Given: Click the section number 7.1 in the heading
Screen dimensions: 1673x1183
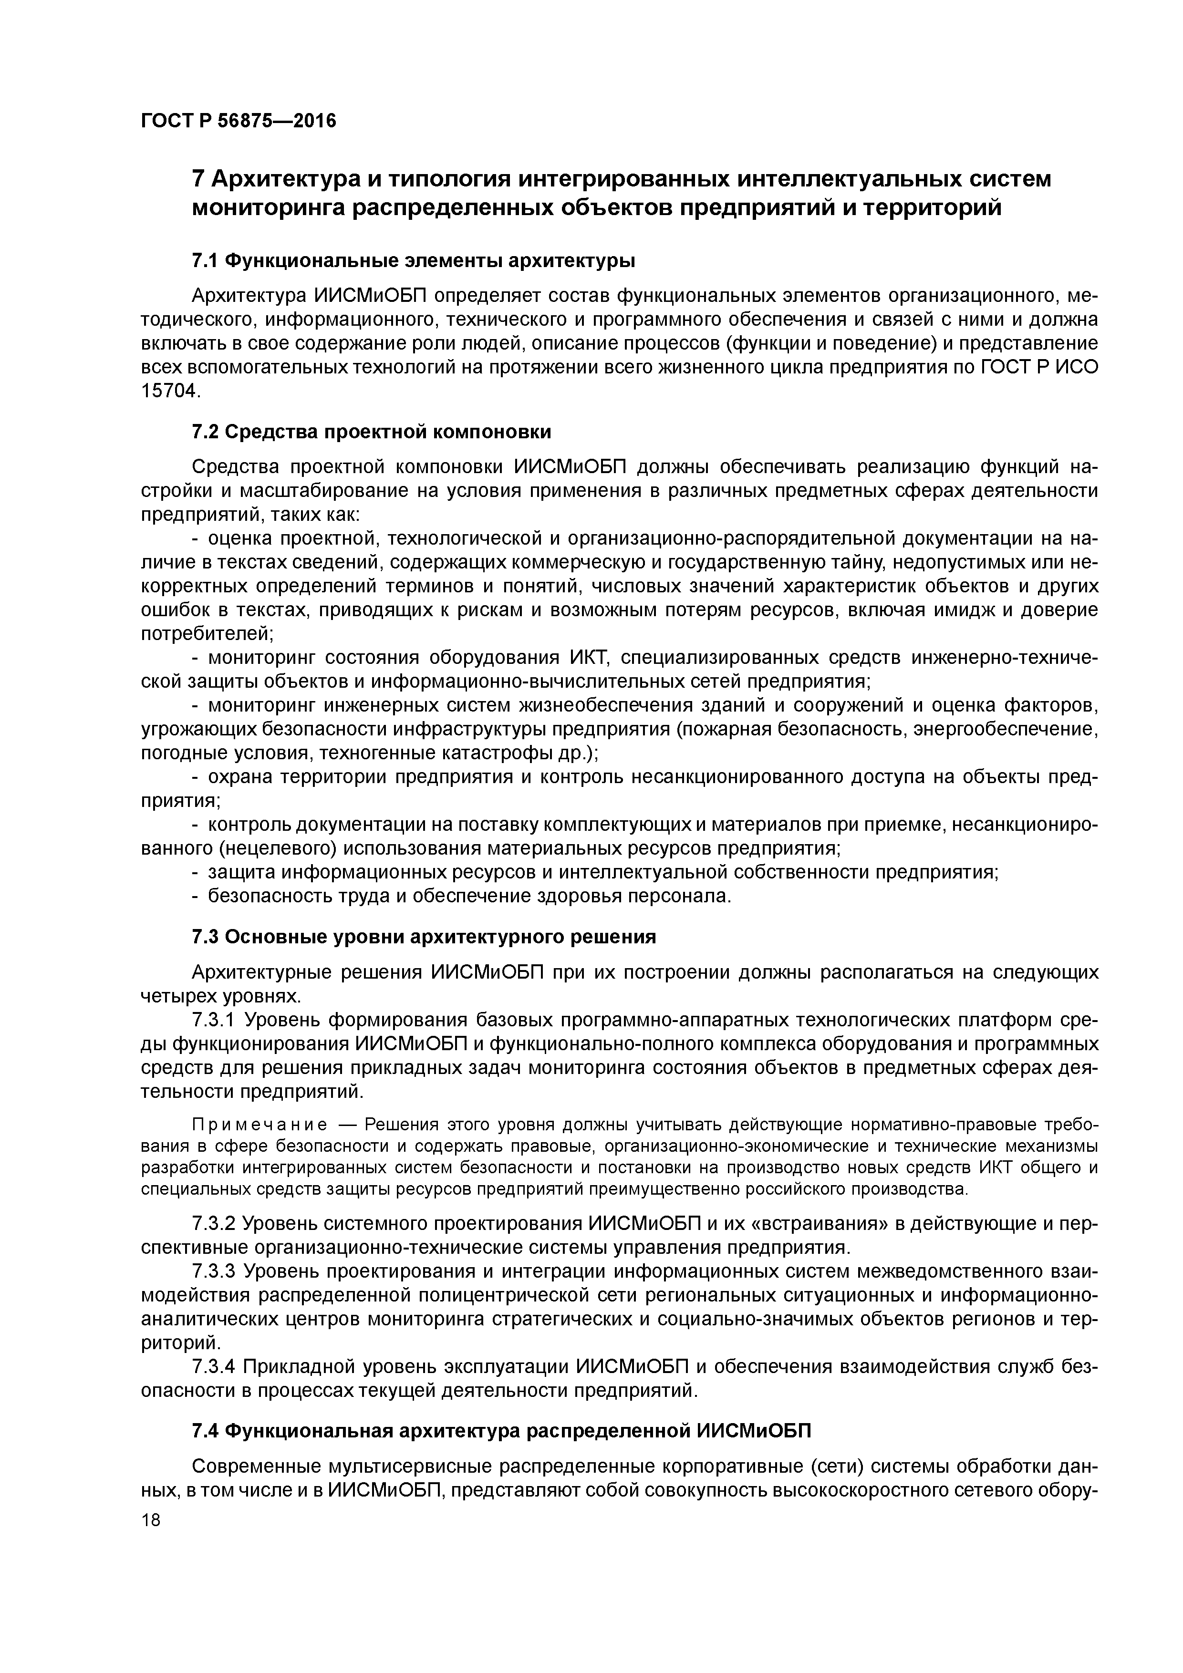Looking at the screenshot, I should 205,260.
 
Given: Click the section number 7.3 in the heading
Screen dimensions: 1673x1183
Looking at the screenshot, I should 205,937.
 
